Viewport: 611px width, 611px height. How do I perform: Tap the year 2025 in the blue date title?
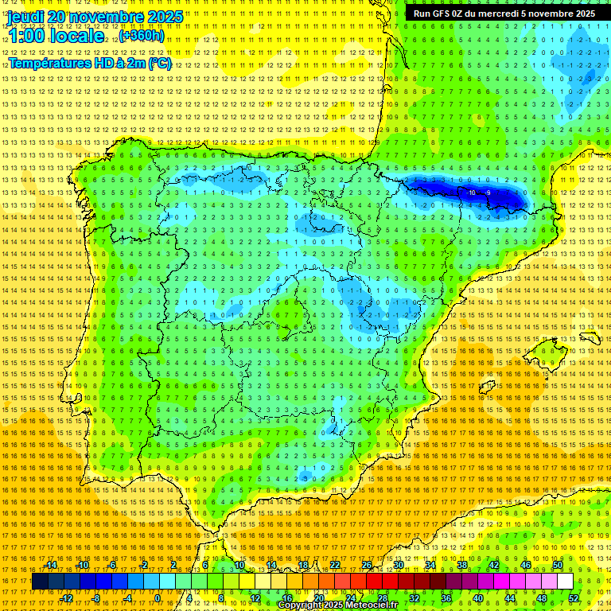164,17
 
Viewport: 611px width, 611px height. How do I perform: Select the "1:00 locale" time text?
56,36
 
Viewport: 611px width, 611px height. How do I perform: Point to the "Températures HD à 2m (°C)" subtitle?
89,63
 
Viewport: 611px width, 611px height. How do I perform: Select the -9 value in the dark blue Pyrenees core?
487,193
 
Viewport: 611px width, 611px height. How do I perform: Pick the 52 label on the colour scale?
574,598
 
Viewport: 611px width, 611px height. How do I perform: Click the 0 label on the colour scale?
158,598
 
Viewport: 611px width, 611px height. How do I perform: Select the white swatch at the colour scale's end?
565,582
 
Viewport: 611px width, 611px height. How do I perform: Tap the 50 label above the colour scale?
558,565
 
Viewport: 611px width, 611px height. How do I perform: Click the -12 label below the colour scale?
67,598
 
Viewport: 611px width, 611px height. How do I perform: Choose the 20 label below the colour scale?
318,598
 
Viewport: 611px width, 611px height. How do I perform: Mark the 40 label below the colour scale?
478,598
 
